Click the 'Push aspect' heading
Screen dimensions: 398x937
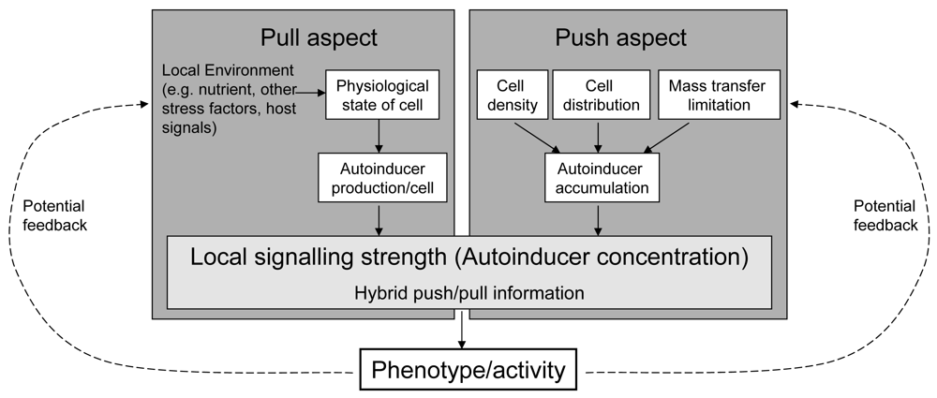coord(620,38)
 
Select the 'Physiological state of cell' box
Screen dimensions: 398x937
coord(382,94)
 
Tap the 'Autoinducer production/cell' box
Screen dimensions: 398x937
coord(382,179)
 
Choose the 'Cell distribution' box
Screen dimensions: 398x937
coord(599,94)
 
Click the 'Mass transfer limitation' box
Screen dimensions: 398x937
coord(716,94)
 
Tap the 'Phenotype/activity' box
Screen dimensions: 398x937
coord(468,370)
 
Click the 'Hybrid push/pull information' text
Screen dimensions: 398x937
coord(468,292)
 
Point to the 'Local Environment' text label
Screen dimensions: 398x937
coord(230,71)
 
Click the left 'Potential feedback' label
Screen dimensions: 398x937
coord(53,214)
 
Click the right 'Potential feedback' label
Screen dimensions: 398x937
coord(885,214)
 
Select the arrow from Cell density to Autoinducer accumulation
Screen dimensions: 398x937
coord(536,135)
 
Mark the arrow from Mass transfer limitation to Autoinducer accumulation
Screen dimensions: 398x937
coord(670,135)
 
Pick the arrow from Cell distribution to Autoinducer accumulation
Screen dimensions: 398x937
coord(599,135)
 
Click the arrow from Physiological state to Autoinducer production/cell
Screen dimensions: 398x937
coord(378,136)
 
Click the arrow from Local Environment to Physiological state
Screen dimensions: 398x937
coord(308,93)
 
